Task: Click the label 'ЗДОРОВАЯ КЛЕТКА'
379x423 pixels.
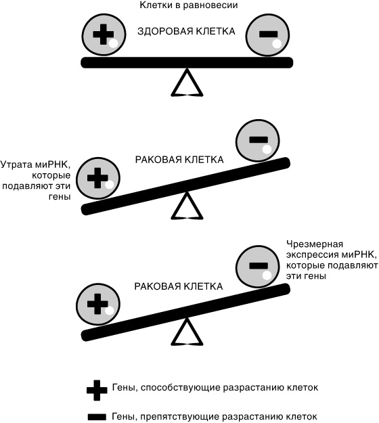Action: click(x=186, y=32)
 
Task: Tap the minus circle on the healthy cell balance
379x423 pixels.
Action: click(x=269, y=35)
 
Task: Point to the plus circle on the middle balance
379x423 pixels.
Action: click(x=99, y=179)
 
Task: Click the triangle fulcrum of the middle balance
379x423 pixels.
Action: click(x=187, y=206)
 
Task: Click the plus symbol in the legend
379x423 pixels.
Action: click(x=96, y=388)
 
